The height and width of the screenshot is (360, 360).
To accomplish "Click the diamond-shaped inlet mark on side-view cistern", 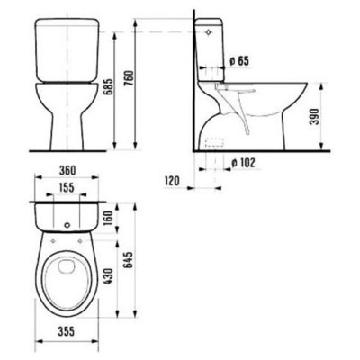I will [210, 30].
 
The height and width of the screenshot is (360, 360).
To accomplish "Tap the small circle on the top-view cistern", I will [69, 220].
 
